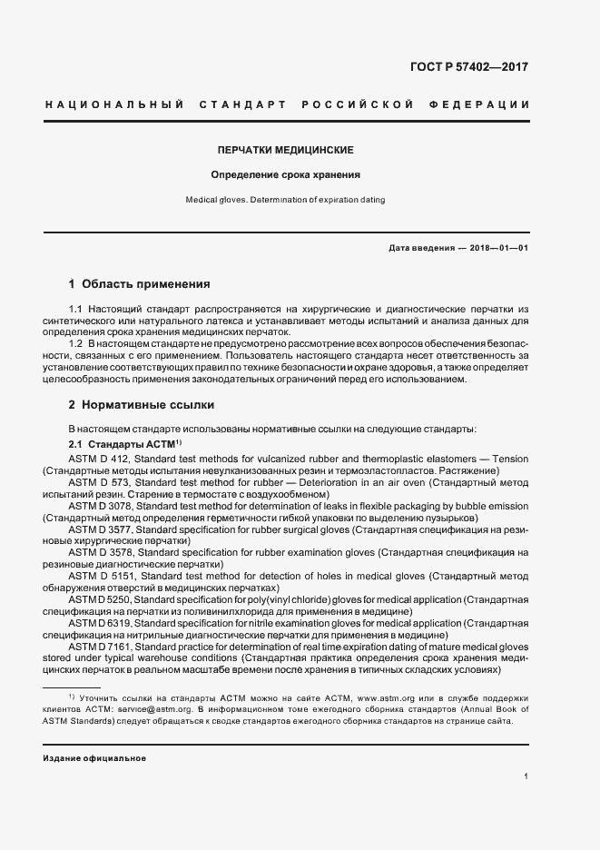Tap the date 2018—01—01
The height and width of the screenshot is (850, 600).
pyautogui.click(x=499, y=248)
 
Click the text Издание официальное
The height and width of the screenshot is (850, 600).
pyautogui.click(x=94, y=758)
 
